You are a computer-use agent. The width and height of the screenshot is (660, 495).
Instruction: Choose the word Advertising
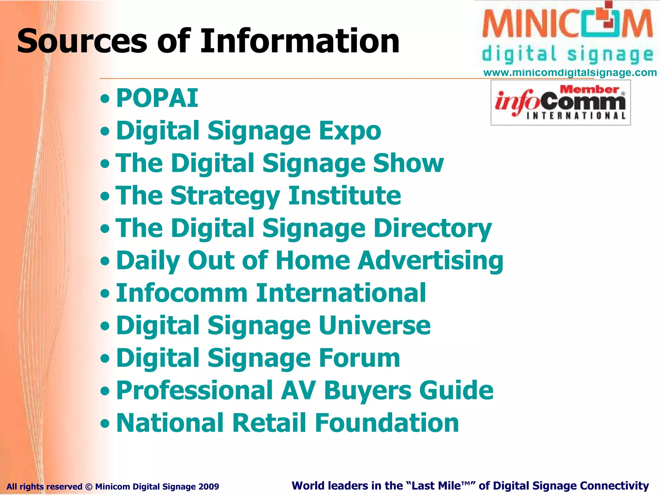point(431,261)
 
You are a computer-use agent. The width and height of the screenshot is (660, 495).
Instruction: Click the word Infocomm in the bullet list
point(181,293)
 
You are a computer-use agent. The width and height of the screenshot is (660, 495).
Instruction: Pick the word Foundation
point(387,423)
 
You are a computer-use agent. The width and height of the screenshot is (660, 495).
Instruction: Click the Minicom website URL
point(570,73)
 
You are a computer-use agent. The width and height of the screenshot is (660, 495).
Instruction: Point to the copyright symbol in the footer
point(89,487)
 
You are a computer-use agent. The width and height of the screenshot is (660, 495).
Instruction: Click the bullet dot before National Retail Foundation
point(105,423)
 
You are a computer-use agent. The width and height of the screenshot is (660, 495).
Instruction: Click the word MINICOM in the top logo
point(567,24)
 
